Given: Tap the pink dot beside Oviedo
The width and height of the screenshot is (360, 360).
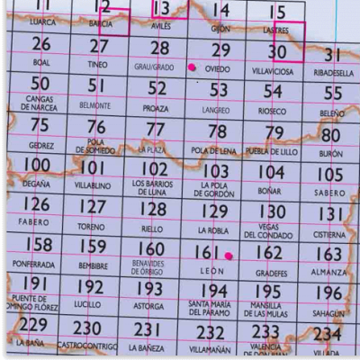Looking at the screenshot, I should [191, 67].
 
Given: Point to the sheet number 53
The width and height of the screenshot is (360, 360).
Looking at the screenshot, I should [219, 90].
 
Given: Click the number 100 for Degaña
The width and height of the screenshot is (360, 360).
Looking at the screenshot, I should [36, 166].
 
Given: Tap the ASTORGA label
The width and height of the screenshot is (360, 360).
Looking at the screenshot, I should [149, 307].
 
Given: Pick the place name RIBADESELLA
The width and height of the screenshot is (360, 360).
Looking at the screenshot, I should [334, 69].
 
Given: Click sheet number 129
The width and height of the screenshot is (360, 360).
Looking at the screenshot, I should [213, 210].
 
